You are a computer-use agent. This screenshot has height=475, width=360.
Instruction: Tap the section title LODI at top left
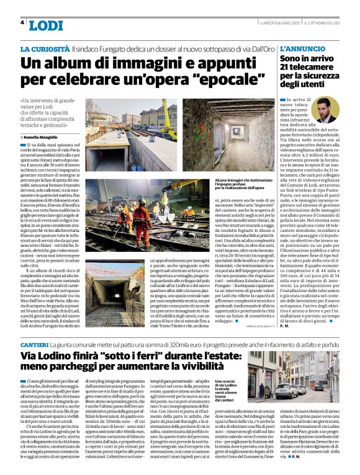pyautogui.click(x=46, y=25)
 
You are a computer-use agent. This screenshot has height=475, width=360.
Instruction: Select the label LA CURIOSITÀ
pyautogui.click(x=44, y=48)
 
